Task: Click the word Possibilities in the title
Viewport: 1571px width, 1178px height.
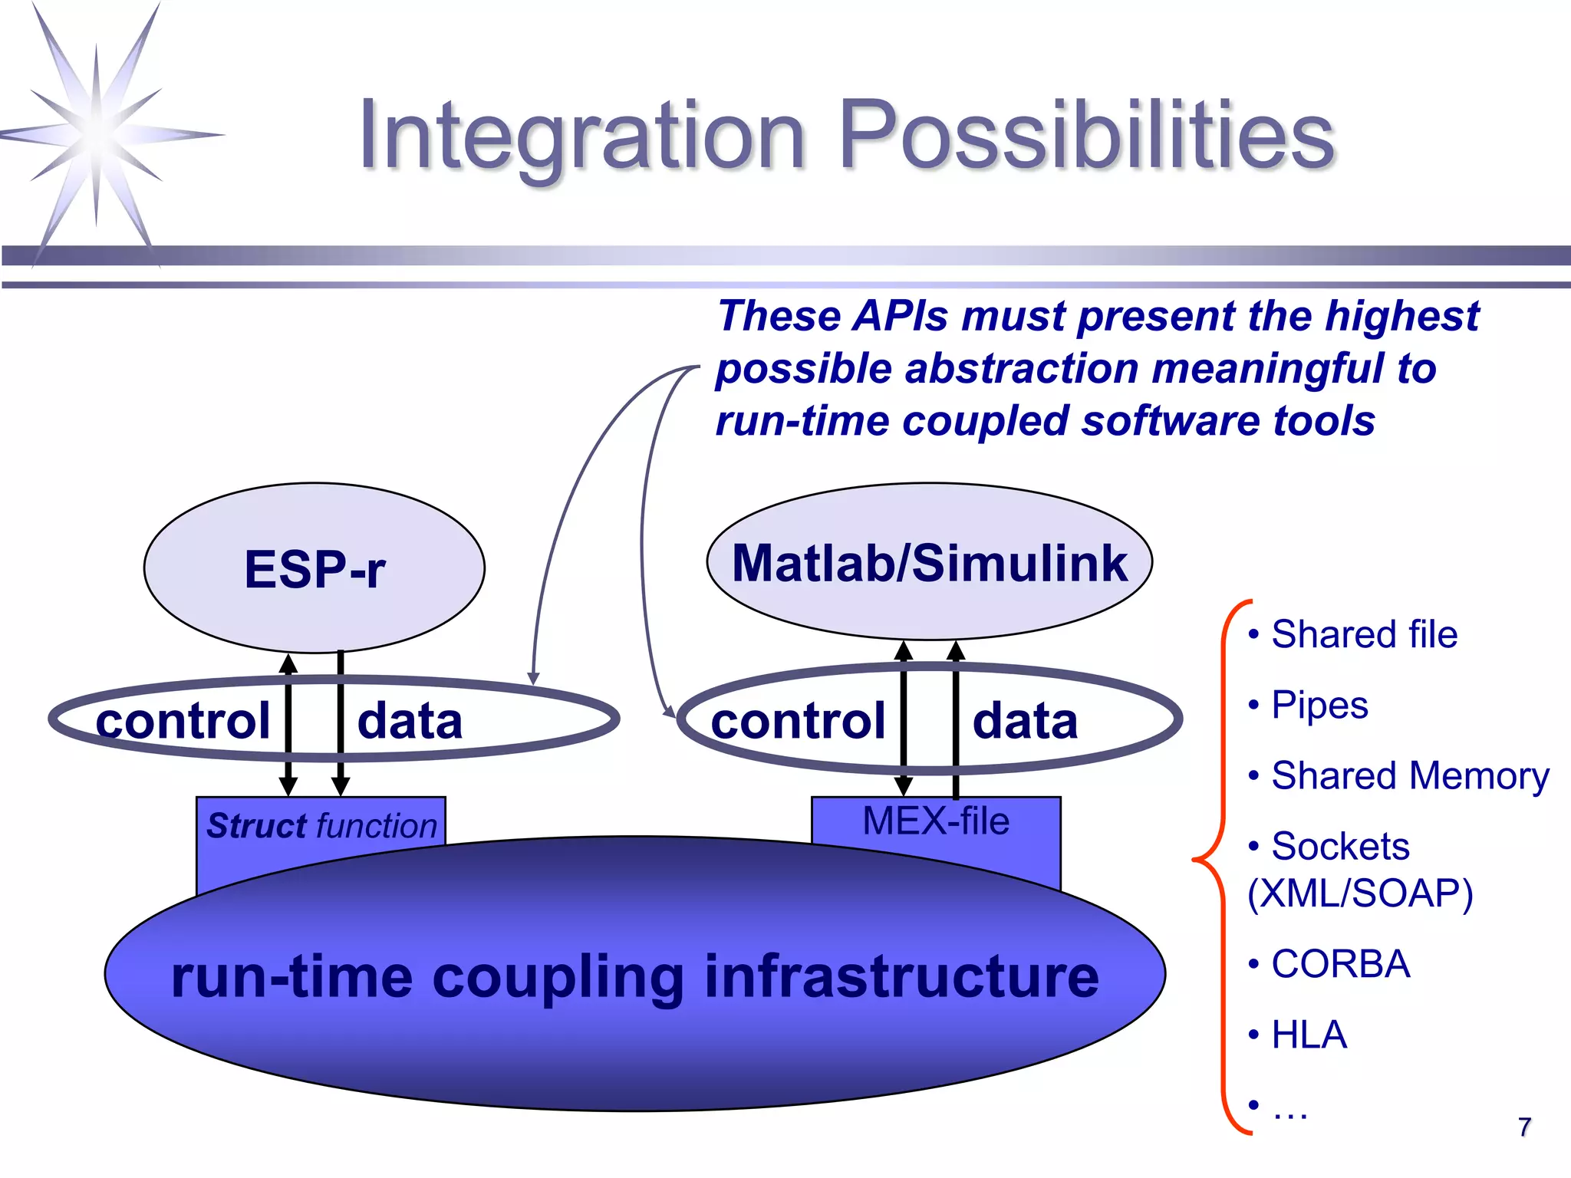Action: (1087, 137)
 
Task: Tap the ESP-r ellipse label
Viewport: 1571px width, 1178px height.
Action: (315, 569)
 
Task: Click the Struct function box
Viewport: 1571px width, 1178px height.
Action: (321, 826)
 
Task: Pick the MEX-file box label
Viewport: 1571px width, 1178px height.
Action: (936, 821)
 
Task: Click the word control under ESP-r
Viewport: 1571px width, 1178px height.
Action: (183, 721)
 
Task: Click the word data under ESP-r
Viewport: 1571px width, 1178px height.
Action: (410, 721)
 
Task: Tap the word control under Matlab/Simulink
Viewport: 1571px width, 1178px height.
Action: (798, 721)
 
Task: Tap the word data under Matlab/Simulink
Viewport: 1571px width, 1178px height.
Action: (1026, 721)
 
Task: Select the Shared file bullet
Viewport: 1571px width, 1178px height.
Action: (1363, 635)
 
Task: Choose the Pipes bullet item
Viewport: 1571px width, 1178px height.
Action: (1319, 706)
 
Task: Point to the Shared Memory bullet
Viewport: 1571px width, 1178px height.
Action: (1410, 776)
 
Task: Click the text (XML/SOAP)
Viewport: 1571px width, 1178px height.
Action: (1360, 893)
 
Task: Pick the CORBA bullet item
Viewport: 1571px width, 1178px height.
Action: (1340, 964)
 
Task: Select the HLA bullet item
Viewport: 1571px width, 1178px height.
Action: (1309, 1035)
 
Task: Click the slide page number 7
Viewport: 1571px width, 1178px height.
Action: (1524, 1127)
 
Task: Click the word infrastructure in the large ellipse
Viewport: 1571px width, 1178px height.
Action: (901, 977)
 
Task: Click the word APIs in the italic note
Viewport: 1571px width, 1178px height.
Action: (901, 316)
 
